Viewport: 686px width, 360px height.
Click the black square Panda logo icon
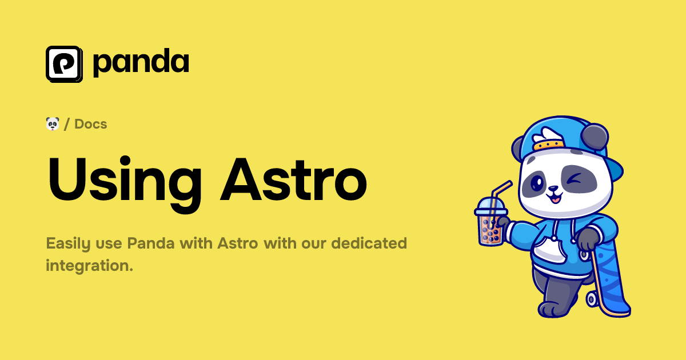point(64,63)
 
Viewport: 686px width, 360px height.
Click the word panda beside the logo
point(141,63)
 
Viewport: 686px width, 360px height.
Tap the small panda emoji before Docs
point(53,123)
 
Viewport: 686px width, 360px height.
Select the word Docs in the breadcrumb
point(91,124)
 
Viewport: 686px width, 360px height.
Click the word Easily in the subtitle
point(68,244)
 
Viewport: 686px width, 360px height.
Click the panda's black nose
point(553,189)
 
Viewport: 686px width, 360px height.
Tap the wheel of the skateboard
point(592,298)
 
